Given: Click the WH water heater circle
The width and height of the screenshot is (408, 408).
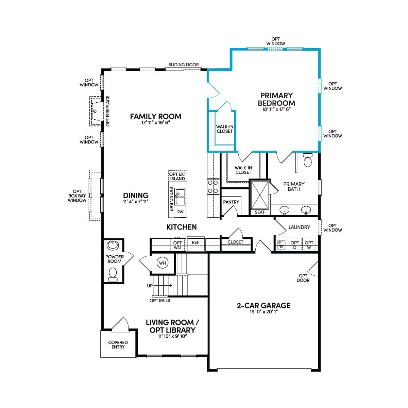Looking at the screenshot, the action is coord(163,263).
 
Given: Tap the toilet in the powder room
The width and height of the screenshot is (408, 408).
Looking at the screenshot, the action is coord(113,275).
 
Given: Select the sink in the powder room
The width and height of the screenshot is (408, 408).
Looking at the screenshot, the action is coord(113,245).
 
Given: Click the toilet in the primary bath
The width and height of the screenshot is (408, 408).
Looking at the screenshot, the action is coord(308,160).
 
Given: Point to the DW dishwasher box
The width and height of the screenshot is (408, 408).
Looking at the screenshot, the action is coord(180,211).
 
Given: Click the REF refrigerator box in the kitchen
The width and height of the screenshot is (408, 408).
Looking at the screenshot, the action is coord(195,244).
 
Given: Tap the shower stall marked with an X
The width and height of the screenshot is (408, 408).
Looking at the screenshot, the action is coord(259,195).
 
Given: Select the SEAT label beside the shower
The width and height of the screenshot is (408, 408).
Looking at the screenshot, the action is coord(259,212).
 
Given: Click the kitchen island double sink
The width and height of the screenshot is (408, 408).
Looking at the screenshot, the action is coord(180,196).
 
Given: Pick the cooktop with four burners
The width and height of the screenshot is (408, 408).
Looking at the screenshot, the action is coord(213,187).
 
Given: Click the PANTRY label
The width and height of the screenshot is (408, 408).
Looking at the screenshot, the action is coord(231,202).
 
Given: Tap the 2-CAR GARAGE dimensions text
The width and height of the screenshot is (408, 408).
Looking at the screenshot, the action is coord(263,311).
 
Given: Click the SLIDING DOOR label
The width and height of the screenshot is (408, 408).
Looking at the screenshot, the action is coord(184,65).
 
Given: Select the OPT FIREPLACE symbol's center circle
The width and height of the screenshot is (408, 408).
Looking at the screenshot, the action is coord(95,111).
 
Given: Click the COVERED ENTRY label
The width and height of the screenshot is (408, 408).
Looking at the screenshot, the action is coord(118,344).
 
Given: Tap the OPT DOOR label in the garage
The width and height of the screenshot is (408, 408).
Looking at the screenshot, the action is coord(303,278).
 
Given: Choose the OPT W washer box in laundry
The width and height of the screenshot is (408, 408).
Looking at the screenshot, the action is coord(309,244).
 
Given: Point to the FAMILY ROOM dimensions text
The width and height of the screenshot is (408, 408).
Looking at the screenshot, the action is coord(156,122).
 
